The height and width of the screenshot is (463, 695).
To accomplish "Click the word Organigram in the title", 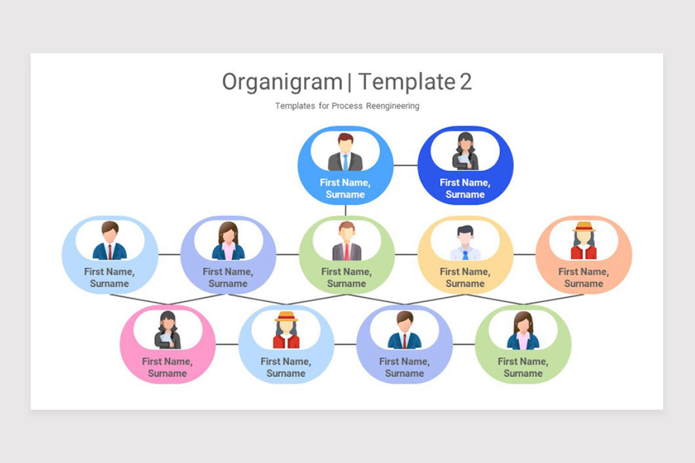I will tap(282, 82).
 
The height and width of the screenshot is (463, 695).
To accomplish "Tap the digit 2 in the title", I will tap(466, 82).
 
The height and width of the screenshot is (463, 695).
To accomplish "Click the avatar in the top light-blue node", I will tap(345, 152).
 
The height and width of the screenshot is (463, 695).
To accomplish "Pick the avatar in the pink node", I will tap(167, 330).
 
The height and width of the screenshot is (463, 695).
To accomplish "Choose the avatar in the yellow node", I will tap(465, 242).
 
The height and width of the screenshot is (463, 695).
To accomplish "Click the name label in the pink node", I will tap(167, 367).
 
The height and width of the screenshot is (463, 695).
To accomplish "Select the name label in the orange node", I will tap(584, 277).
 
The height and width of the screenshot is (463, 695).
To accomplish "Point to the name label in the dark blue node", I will tap(465, 188).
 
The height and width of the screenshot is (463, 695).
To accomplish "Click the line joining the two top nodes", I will tap(405, 165).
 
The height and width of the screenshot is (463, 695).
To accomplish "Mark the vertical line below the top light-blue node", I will tap(346, 210).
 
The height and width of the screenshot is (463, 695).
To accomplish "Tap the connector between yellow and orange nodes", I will tap(524, 254).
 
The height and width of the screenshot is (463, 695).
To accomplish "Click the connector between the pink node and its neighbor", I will tap(226, 344).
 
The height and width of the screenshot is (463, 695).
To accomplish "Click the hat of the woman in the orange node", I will tap(584, 226).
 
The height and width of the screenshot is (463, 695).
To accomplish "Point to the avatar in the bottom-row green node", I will tap(523, 330).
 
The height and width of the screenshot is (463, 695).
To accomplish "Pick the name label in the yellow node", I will tap(465, 277).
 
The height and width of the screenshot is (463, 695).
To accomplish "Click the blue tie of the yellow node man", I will tap(465, 254).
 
